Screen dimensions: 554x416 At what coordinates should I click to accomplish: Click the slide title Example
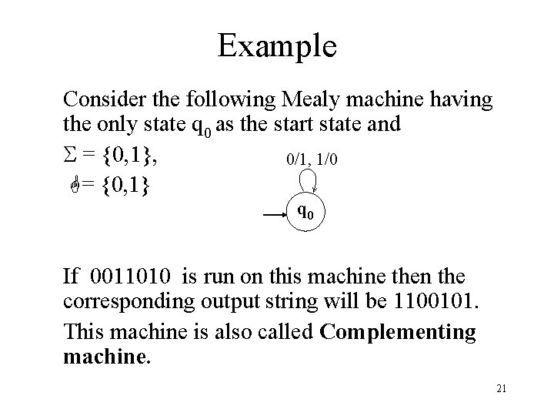coord(276,45)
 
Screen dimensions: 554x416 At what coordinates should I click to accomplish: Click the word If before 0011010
coord(72,275)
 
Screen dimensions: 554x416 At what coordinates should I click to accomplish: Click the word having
coord(465,99)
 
